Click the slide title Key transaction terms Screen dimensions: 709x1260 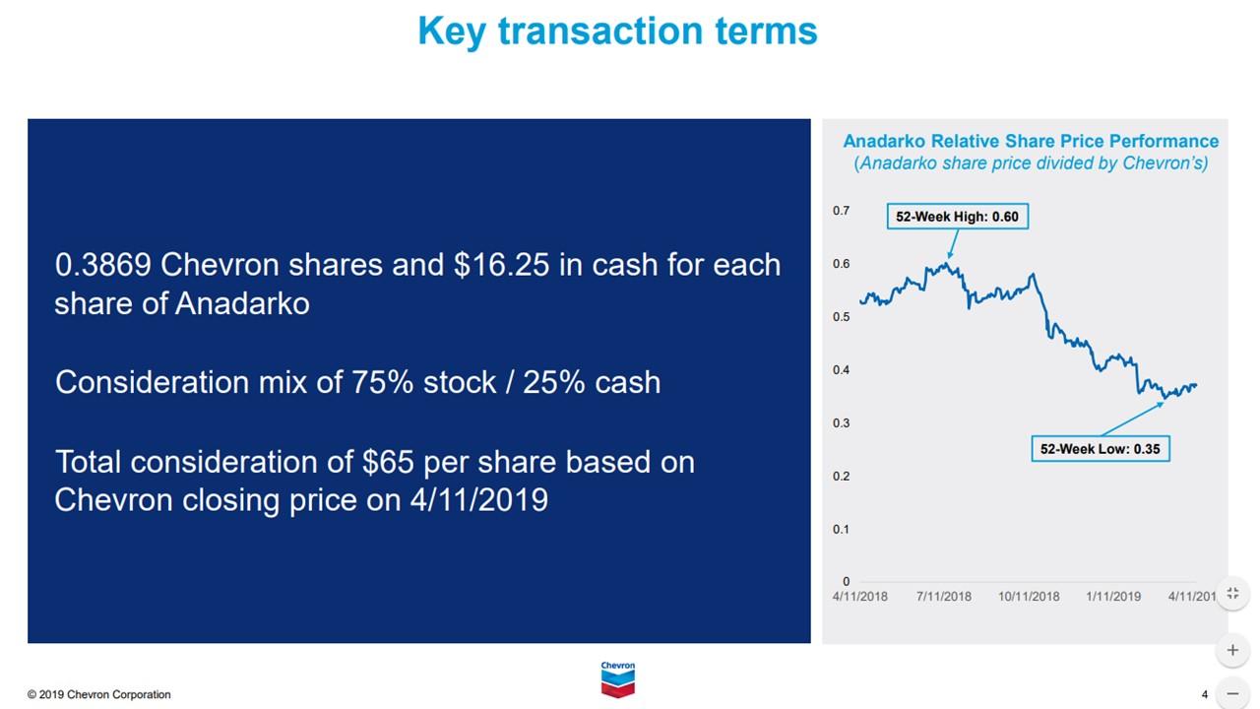(x=617, y=32)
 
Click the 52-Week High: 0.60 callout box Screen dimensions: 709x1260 (x=957, y=217)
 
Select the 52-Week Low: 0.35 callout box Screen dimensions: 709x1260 (x=1100, y=449)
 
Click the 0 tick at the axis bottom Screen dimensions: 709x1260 (x=846, y=582)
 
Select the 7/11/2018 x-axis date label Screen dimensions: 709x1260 (x=943, y=597)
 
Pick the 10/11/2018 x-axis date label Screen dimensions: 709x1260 (x=1029, y=597)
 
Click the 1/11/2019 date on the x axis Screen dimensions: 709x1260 (x=1113, y=597)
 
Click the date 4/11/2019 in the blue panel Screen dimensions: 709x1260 (x=478, y=500)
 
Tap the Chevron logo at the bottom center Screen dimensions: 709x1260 (x=618, y=679)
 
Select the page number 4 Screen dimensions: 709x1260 (x=1204, y=695)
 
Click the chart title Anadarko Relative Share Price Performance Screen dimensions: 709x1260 (x=1031, y=141)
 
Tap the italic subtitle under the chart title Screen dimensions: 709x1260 (x=1031, y=163)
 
